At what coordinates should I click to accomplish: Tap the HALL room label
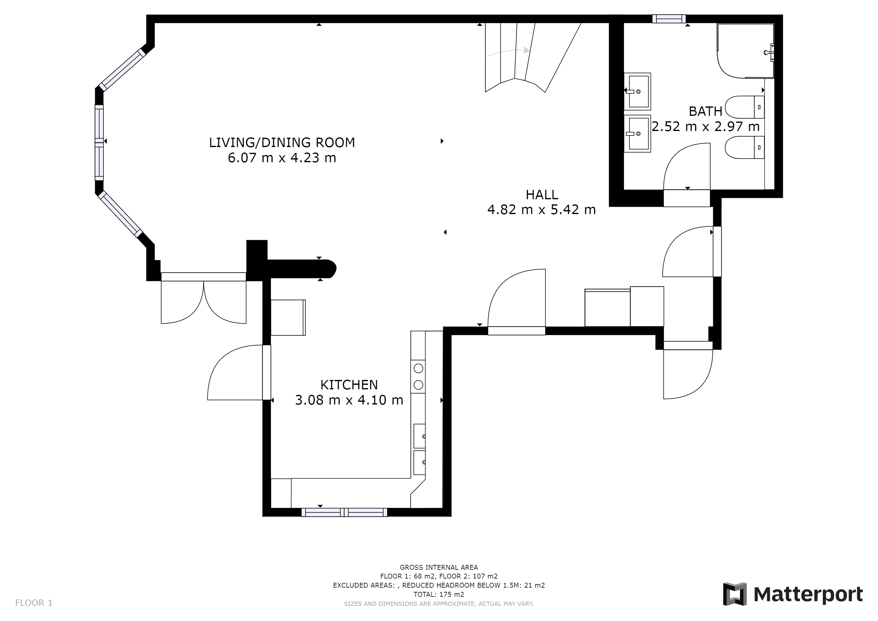tap(542, 195)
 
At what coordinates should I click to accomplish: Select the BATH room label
tap(705, 111)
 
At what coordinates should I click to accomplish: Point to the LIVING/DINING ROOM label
tap(282, 143)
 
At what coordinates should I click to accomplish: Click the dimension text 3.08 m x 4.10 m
tap(349, 400)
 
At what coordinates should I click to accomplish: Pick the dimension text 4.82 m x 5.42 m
tap(541, 210)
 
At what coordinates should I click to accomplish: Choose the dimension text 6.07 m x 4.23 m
tap(282, 158)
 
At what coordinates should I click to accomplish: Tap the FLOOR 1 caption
tap(34, 603)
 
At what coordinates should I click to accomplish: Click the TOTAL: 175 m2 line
tap(439, 595)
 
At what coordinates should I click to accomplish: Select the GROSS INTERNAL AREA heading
tap(439, 567)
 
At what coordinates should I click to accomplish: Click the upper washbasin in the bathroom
tap(638, 91)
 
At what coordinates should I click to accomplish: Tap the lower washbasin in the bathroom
tap(638, 133)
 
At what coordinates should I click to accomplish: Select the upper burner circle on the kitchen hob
tap(418, 368)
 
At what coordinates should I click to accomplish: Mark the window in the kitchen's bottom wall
tap(344, 512)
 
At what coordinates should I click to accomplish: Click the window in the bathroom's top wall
tap(669, 19)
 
